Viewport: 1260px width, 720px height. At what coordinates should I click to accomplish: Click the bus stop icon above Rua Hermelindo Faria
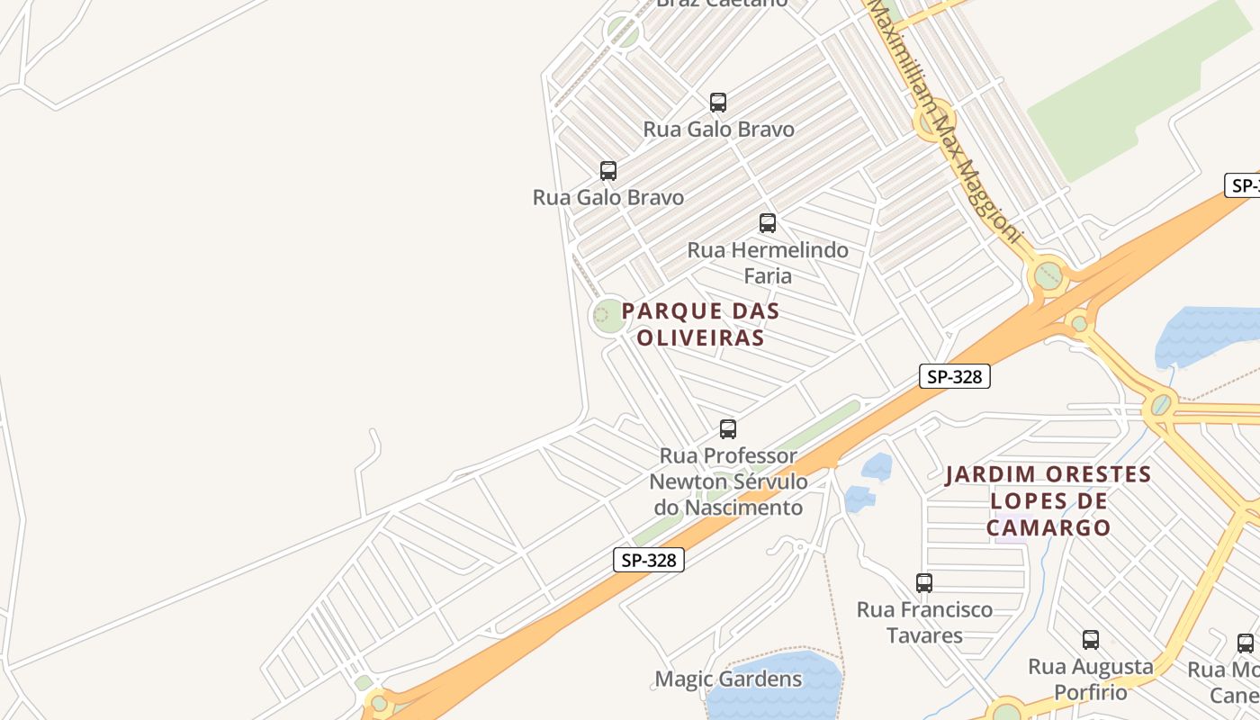point(768,222)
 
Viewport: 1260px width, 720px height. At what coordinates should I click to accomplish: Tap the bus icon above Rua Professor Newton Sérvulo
point(728,429)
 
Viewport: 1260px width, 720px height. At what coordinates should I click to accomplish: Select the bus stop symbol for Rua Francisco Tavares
point(924,582)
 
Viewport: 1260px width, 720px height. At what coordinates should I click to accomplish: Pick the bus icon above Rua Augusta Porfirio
point(1091,640)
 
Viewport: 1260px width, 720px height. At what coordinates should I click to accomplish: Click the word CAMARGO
point(1048,528)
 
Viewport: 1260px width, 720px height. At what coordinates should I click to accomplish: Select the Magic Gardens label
point(728,679)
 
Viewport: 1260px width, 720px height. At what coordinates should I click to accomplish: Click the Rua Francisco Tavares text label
point(924,622)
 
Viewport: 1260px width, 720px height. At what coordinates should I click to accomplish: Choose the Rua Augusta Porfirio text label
point(1091,679)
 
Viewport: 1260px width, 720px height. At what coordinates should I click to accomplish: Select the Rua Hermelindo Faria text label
point(768,262)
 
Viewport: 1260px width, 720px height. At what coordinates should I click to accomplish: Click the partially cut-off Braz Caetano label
point(722,4)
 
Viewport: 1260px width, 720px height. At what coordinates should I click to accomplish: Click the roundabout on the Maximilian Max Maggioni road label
point(933,120)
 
